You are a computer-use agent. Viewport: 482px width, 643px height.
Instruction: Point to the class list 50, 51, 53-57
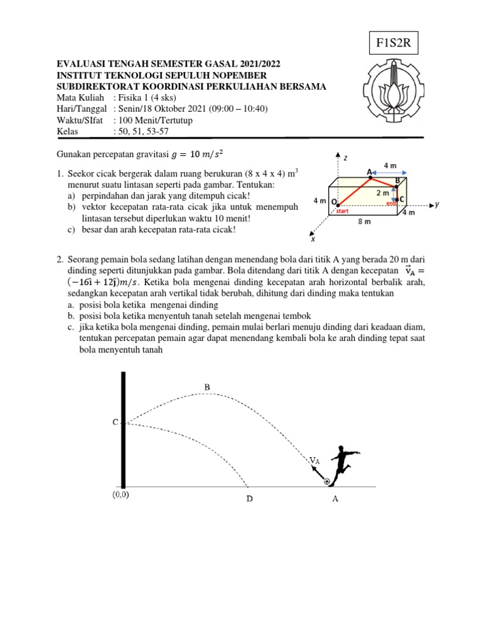tap(141, 131)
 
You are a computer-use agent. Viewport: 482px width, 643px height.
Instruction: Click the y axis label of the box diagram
tap(437, 205)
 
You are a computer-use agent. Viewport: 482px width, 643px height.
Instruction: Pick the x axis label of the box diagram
tap(313, 239)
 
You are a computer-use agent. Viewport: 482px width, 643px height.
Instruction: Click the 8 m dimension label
tap(364, 222)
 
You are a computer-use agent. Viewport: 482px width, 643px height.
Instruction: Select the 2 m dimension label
tap(382, 193)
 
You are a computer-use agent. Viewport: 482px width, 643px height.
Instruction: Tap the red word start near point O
tap(342, 212)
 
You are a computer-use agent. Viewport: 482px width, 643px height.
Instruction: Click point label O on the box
tap(334, 202)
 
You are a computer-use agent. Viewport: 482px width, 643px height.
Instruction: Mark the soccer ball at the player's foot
tap(327, 482)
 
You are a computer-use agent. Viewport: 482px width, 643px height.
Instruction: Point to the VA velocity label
tap(314, 460)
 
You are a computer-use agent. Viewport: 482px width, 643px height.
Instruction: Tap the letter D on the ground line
tap(249, 500)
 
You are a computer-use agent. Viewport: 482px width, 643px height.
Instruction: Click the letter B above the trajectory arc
tap(206, 387)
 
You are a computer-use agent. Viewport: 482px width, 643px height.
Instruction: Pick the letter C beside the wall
tap(115, 423)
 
